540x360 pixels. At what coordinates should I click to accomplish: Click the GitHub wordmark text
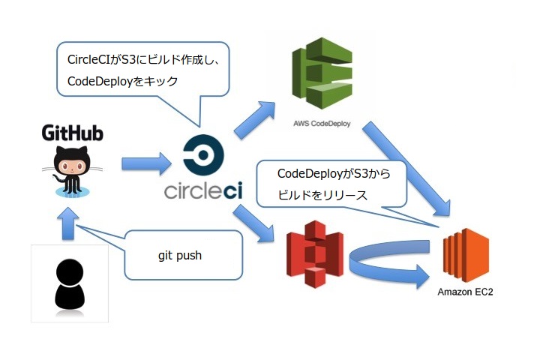73,133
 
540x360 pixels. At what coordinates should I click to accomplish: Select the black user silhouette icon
69,283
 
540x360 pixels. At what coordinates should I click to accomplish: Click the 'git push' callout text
179,255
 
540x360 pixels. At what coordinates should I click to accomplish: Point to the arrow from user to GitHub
68,224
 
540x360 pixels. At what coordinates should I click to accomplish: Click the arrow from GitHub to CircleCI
146,161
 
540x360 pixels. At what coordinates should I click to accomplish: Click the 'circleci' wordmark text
202,190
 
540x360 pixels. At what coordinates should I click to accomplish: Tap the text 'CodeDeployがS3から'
329,173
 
